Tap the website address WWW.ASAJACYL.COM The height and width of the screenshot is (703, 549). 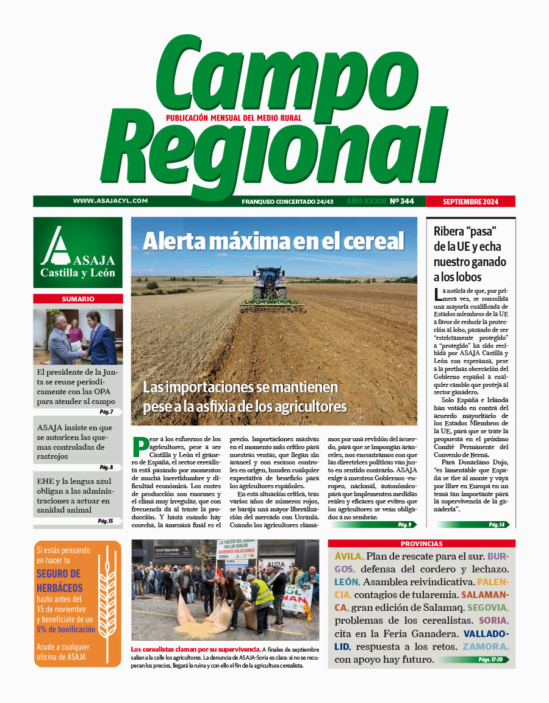(x=110, y=201)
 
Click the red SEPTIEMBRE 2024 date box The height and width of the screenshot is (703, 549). (x=470, y=201)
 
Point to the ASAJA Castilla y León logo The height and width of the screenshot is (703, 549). (x=78, y=252)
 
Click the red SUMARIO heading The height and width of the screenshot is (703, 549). (x=78, y=299)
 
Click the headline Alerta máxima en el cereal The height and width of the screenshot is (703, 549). (x=273, y=242)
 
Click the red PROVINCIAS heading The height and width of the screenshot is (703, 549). (x=422, y=544)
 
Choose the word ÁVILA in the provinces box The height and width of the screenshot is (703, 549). (x=349, y=557)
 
